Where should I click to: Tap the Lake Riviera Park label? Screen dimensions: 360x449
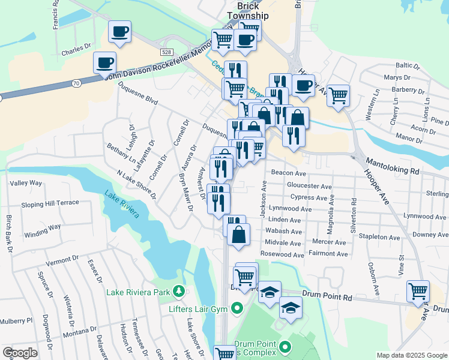tap(139, 293)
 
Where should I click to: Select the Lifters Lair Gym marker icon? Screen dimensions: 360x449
tap(237, 309)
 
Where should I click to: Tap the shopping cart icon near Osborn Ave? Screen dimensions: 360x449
tap(418, 292)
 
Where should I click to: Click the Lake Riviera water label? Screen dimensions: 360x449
tap(122, 205)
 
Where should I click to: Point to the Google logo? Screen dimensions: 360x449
tap(20, 353)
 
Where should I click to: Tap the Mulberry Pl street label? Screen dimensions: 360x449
tap(16, 322)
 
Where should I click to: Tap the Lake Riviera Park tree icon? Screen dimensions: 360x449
tap(178, 292)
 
